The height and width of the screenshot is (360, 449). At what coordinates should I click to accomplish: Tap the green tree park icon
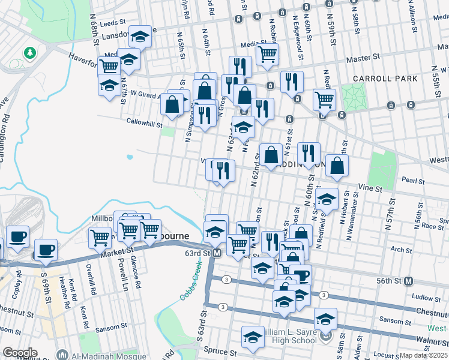[x=29, y=53]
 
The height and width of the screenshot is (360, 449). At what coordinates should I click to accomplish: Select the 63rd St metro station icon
[x=217, y=254]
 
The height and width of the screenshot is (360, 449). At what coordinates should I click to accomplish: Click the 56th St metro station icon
[x=409, y=281]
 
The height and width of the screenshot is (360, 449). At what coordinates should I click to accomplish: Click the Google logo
[x=20, y=353]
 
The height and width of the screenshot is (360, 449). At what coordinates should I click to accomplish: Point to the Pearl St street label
[x=413, y=180]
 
